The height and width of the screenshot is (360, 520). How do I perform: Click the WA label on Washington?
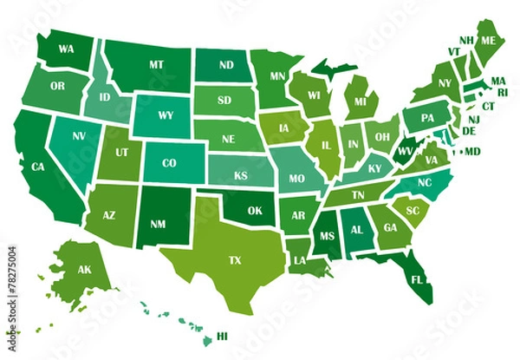click(x=67, y=49)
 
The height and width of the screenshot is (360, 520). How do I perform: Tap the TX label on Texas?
click(x=234, y=259)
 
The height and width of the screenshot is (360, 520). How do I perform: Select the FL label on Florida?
click(x=417, y=280)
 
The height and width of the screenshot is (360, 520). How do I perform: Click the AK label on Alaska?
click(x=84, y=270)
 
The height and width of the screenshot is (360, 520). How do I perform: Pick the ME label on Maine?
click(x=489, y=41)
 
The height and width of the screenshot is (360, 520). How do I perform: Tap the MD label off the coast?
click(x=472, y=151)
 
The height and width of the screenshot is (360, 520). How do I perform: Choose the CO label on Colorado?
click(x=169, y=162)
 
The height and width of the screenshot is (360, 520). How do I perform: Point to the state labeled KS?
click(x=241, y=175)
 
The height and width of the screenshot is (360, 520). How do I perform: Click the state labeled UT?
click(x=121, y=153)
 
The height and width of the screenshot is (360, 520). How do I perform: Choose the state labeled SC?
click(x=413, y=211)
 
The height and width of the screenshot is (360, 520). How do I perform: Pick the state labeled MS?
click(x=327, y=234)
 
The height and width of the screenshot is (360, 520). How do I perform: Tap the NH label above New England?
click(x=465, y=40)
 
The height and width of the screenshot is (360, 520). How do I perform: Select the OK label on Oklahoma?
click(x=254, y=210)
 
